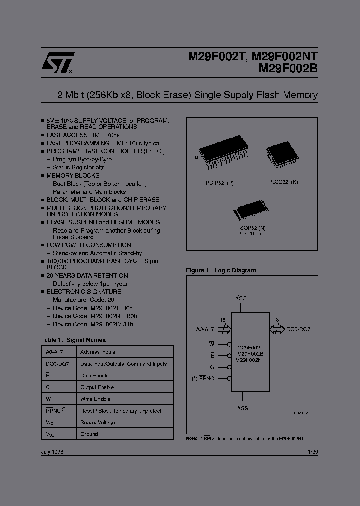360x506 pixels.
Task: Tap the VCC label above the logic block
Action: point(241,297)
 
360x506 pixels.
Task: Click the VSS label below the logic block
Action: point(242,407)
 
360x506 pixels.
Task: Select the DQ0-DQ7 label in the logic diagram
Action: point(299,329)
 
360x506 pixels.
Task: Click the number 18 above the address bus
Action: point(222,319)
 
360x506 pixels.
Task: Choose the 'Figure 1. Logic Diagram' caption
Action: point(221,270)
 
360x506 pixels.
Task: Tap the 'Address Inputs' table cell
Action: point(98,352)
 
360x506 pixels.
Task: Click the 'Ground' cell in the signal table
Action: point(89,434)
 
